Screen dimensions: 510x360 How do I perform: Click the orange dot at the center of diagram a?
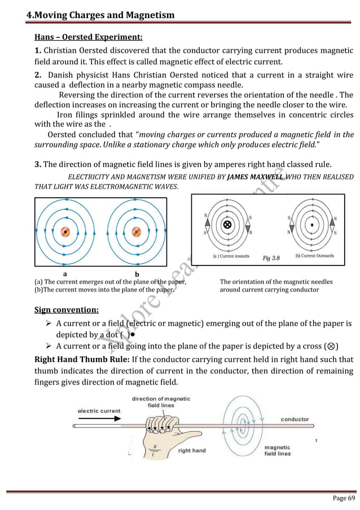point(65,232)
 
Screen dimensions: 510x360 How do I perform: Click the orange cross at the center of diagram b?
point(136,232)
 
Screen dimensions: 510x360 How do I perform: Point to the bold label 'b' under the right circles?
point(137,275)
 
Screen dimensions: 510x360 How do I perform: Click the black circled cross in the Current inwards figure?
point(227,224)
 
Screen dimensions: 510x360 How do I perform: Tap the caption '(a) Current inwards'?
point(231,256)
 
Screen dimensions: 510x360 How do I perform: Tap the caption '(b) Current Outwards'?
point(314,256)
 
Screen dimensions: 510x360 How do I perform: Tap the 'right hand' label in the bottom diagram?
point(192,451)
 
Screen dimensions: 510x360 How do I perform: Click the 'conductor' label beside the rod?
point(295,419)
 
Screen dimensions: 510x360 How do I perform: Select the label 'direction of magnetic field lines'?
point(161,402)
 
